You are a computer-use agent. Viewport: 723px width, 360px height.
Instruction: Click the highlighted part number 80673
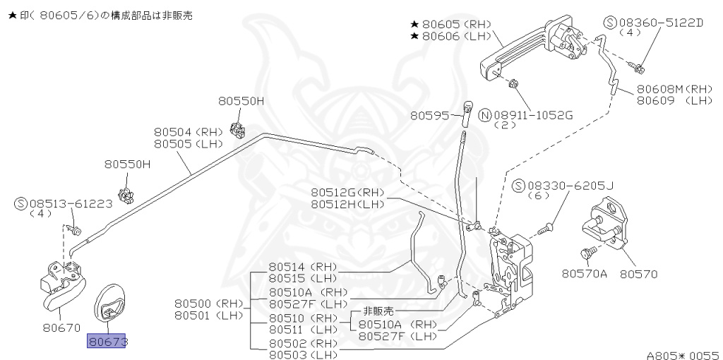pos(106,342)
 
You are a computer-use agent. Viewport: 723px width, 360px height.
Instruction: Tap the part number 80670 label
pos(61,328)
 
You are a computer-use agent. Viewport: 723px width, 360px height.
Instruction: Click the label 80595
pos(430,114)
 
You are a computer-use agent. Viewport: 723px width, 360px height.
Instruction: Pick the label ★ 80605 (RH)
pos(451,24)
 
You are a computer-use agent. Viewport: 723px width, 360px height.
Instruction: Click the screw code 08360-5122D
pos(661,23)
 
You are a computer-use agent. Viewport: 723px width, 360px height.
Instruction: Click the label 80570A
pos(585,272)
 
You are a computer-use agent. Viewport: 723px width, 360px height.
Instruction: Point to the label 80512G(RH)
pos(348,192)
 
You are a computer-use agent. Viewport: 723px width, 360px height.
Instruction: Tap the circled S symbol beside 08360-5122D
pos(611,23)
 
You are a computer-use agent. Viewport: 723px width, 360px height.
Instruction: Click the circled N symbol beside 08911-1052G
pos(485,114)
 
